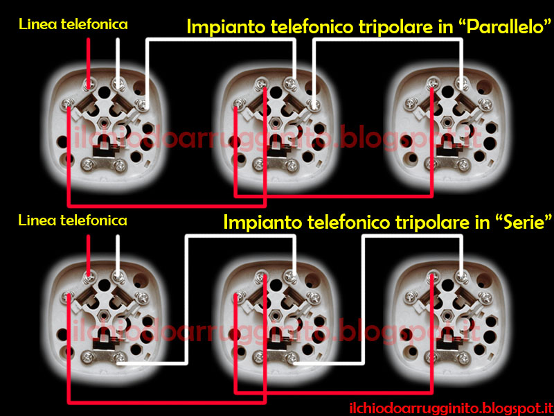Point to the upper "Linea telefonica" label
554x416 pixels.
pyautogui.click(x=73, y=24)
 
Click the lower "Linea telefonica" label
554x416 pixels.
pyautogui.click(x=73, y=220)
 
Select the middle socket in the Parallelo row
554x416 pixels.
pyautogui.click(x=277, y=125)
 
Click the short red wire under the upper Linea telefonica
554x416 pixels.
pyautogui.click(x=89, y=59)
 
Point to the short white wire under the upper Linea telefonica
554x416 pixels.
pyautogui.click(x=118, y=59)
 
